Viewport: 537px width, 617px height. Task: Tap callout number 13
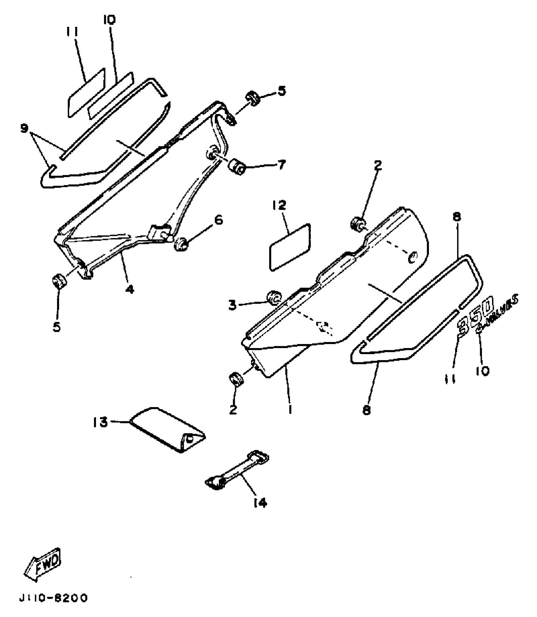[x=100, y=422]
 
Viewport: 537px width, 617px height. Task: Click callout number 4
[x=130, y=288]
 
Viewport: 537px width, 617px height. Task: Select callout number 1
[x=290, y=409]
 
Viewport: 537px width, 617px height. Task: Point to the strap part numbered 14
[x=237, y=473]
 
